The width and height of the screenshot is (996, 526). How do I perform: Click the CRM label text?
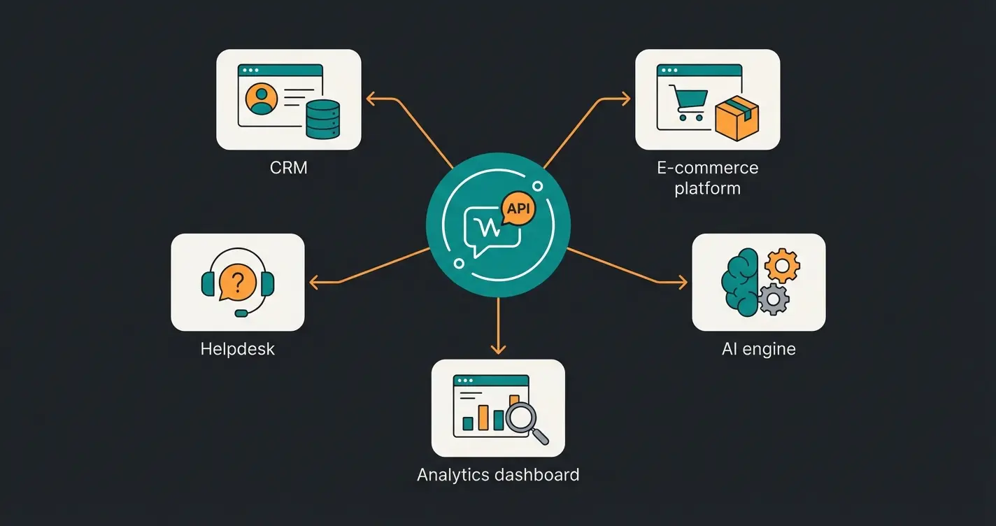[x=288, y=168]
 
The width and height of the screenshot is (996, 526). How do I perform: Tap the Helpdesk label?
[x=237, y=348]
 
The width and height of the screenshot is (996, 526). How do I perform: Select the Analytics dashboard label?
[x=498, y=475]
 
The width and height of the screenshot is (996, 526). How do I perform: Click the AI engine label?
[x=758, y=348]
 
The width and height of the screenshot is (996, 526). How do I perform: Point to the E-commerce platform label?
[x=707, y=178]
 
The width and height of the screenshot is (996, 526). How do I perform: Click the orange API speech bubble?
[x=518, y=208]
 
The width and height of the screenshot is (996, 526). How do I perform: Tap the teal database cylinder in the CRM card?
[x=323, y=119]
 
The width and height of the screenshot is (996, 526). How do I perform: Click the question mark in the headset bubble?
[x=237, y=283]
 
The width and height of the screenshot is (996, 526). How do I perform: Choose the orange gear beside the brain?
[x=782, y=266]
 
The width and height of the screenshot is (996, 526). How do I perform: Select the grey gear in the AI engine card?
[x=773, y=300]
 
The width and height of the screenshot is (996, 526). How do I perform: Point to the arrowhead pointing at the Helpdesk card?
[x=313, y=283]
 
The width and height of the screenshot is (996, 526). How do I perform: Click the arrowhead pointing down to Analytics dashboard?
[x=498, y=349]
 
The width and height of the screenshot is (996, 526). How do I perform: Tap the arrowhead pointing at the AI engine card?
[x=683, y=283]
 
